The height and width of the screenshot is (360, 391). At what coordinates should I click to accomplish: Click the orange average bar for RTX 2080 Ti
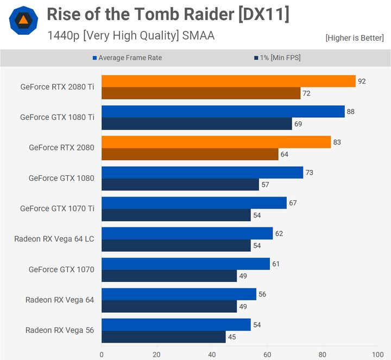click(x=228, y=81)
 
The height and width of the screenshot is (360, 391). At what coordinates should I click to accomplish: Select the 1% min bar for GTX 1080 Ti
click(x=197, y=124)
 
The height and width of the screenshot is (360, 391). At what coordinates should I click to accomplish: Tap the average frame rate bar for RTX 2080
click(x=216, y=142)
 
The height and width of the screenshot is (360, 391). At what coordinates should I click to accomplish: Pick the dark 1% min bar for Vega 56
click(x=163, y=337)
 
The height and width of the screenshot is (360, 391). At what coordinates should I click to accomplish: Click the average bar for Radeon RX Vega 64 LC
click(x=187, y=233)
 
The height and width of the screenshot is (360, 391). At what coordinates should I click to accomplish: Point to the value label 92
click(x=362, y=81)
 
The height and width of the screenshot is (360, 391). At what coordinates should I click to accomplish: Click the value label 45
click(x=231, y=337)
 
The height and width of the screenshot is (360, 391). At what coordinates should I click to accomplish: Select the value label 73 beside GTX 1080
click(x=309, y=173)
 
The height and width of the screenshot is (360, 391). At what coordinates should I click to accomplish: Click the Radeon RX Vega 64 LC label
click(x=54, y=239)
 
